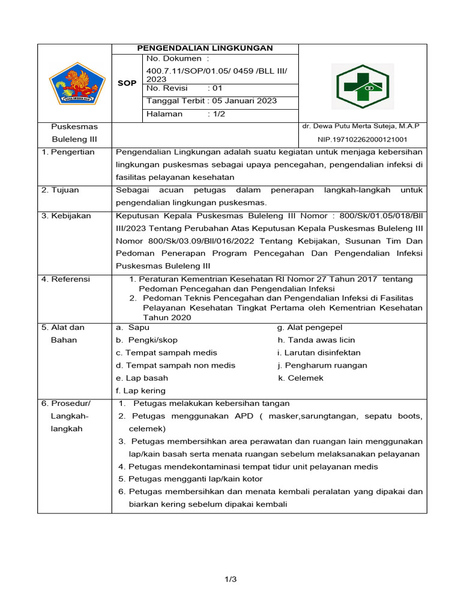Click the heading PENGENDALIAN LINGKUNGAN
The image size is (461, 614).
point(205,48)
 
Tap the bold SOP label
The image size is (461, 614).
point(127,83)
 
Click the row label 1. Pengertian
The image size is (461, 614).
point(68,152)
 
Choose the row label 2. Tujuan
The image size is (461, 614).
point(61,190)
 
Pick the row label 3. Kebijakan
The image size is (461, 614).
point(66,216)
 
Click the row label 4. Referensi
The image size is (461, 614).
point(65,279)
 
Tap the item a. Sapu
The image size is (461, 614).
point(133,328)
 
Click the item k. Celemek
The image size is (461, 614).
point(301,378)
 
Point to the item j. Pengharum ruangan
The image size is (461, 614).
point(322,366)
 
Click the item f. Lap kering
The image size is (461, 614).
point(140,391)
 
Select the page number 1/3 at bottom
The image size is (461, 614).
point(231,579)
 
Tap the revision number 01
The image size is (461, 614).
point(214,88)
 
